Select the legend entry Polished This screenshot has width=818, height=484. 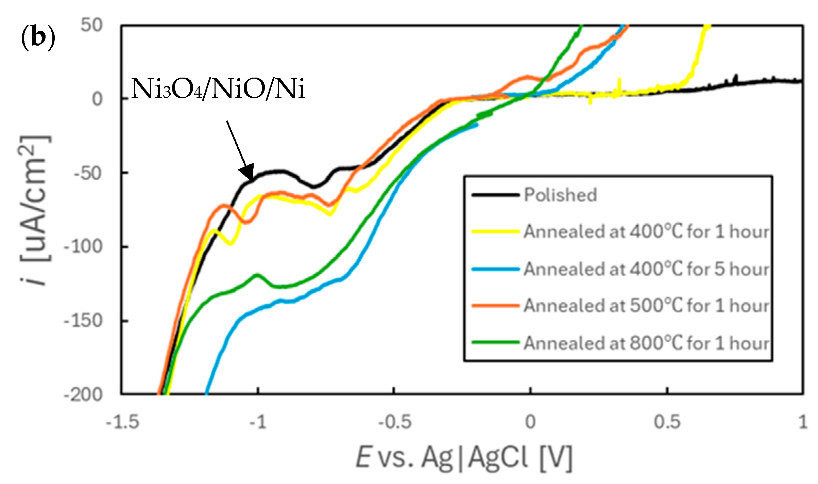click(560, 195)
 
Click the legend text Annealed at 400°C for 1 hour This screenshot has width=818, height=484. click(646, 232)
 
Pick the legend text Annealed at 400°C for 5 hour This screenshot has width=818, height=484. click(646, 269)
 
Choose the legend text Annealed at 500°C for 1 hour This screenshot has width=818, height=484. click(646, 306)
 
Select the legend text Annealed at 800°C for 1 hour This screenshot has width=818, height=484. click(646, 343)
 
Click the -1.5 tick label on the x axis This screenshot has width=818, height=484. click(122, 422)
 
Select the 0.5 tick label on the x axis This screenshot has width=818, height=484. click(667, 422)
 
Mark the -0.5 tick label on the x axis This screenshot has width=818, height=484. click(394, 422)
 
